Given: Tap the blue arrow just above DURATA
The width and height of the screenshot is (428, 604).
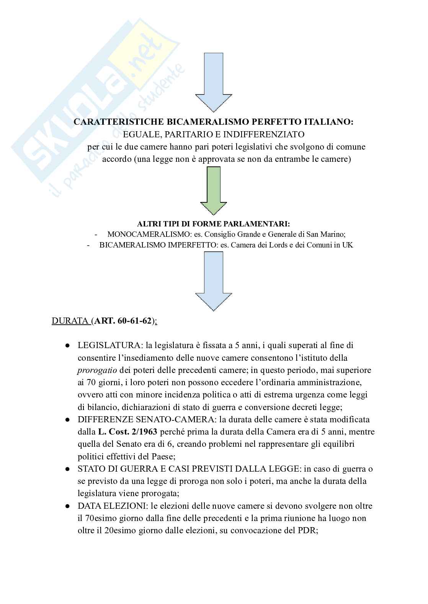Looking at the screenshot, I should [214, 281].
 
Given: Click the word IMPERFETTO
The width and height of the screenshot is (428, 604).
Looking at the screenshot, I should [191, 245].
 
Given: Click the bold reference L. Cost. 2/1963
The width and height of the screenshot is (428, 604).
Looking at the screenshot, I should [126, 432].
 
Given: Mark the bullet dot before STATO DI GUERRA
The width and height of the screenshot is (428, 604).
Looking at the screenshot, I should [67, 469].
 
